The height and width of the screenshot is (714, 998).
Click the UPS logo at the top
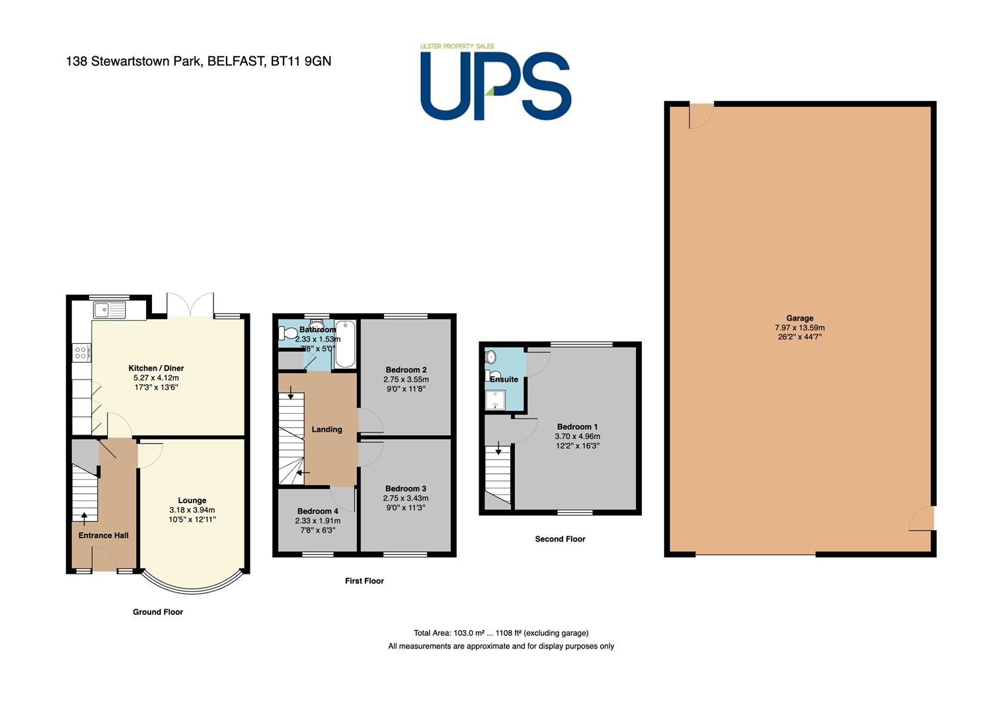pos(496,82)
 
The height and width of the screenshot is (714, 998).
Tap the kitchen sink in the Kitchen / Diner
pos(110,310)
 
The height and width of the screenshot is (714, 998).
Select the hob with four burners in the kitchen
pos(81,353)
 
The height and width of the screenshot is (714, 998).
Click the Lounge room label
pos(192,500)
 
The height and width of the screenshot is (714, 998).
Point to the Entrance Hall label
pos(103,535)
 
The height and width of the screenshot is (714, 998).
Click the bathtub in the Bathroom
pos(345,344)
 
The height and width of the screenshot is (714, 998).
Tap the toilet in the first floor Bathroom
pos(288,333)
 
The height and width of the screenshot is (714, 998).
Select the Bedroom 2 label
pos(406,370)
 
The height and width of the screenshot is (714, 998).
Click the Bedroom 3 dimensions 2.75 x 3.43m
pos(406,498)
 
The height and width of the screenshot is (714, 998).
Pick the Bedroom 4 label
pos(318,511)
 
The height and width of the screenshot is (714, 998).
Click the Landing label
pos(326,429)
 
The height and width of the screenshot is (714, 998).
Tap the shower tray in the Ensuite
pos(495,400)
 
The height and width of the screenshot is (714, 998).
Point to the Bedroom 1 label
pos(578,426)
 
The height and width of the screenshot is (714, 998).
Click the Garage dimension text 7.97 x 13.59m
pos(800,328)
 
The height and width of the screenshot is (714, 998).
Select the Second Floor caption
pos(560,539)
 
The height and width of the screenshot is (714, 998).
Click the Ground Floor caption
pos(158,612)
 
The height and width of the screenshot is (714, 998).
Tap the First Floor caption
pos(364,580)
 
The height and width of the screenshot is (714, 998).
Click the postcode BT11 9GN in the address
pos(301,61)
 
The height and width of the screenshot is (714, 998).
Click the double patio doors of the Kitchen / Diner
pos(190,305)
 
